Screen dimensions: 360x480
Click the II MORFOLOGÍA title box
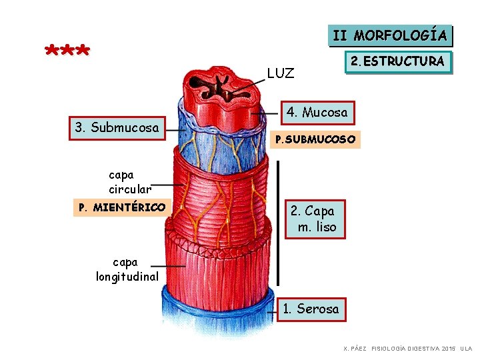click(390, 35)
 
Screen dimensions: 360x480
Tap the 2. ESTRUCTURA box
click(397, 63)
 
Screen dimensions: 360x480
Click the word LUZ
click(280, 73)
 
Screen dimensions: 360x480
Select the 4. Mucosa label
click(317, 113)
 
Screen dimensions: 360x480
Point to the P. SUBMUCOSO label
click(317, 140)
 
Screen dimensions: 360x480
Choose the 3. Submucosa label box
click(117, 127)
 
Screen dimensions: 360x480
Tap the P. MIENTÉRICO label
click(122, 208)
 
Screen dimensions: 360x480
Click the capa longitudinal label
click(127, 269)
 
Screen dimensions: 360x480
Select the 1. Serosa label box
click(311, 309)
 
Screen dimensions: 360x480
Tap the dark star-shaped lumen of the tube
click(221, 88)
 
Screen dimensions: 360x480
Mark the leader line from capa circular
click(168, 185)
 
